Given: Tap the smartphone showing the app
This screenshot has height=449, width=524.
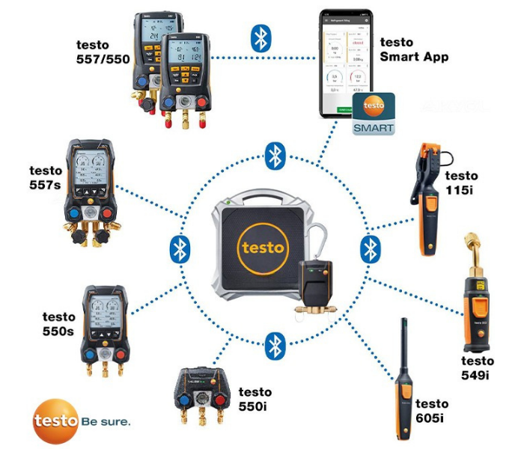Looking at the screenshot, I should click(x=347, y=64).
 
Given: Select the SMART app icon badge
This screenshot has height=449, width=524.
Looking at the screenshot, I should click(x=374, y=114).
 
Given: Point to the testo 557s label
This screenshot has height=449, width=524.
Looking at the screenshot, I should click(x=46, y=177).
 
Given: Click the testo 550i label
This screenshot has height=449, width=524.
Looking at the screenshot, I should click(x=255, y=398).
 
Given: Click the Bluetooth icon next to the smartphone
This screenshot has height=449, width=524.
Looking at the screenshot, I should click(x=261, y=38).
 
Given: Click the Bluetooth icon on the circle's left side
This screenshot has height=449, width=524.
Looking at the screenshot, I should click(x=180, y=249).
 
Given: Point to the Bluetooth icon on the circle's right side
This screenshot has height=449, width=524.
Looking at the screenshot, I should click(x=371, y=249).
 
